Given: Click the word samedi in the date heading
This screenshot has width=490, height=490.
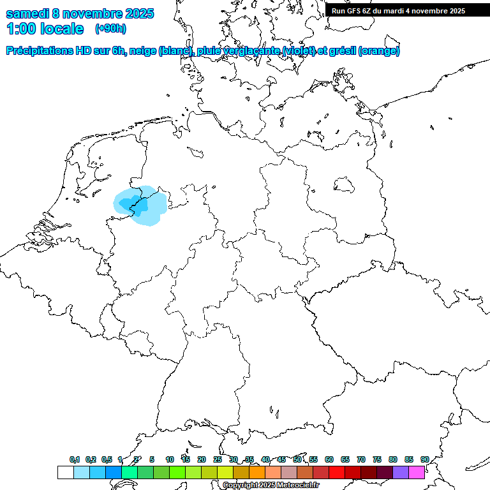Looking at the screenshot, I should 28,13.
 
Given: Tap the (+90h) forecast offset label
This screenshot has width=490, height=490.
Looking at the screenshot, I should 110,29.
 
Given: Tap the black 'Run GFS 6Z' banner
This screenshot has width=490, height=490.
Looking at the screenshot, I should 398,10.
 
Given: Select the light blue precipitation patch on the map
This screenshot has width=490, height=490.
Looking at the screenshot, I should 140,205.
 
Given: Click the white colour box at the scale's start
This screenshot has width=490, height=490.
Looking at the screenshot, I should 65,473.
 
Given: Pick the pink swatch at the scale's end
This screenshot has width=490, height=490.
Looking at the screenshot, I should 417,473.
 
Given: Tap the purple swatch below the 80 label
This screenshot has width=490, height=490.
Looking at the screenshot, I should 401,473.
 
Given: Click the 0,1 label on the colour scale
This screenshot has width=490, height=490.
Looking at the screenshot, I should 74,459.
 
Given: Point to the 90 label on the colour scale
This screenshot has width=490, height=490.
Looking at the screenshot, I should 425,459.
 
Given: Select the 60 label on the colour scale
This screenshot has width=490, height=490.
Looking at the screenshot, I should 329,459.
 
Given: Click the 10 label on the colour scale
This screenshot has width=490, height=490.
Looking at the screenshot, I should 170,459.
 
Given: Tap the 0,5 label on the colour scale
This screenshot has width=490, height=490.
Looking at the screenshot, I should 107,459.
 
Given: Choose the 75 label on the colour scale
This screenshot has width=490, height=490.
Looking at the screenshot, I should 377,459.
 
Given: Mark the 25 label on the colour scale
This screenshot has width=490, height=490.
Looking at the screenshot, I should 218,459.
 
